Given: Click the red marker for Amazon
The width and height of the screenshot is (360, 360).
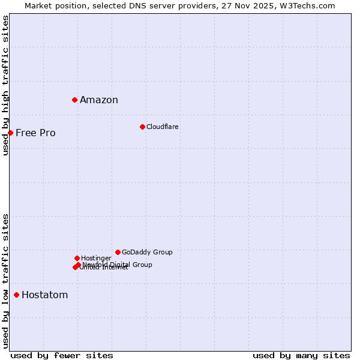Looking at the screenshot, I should coord(74,100).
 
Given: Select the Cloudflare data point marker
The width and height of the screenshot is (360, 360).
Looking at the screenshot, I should coord(142,127).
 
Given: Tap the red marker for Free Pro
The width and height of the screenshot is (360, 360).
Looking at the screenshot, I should coord(10,133).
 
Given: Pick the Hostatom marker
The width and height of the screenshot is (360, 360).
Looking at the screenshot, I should coord(16,295).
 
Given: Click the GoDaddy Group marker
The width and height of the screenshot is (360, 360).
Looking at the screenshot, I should coord(118,252).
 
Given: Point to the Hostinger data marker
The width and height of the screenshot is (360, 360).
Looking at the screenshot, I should coord(77,258).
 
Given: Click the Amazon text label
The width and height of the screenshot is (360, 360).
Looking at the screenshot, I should coord(99,100).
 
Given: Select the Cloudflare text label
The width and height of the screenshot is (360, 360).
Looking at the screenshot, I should coord(163,127).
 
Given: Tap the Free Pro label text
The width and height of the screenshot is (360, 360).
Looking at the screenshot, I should coord(35,133).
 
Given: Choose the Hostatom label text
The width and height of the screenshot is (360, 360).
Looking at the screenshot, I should coord(45,295).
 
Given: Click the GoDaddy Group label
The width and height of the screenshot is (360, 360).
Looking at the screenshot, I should coord(147,252).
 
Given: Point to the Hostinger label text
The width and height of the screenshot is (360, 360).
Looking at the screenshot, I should coord(96,258).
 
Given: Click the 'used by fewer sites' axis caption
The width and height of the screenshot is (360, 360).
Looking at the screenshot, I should coord(62,355).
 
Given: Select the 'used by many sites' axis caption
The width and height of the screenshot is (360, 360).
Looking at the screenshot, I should coord(301,355).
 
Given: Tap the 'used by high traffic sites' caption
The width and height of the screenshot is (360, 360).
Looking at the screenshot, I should coord(5,85).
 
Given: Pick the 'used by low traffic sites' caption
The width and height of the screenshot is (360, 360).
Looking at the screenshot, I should coord(5,280).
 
